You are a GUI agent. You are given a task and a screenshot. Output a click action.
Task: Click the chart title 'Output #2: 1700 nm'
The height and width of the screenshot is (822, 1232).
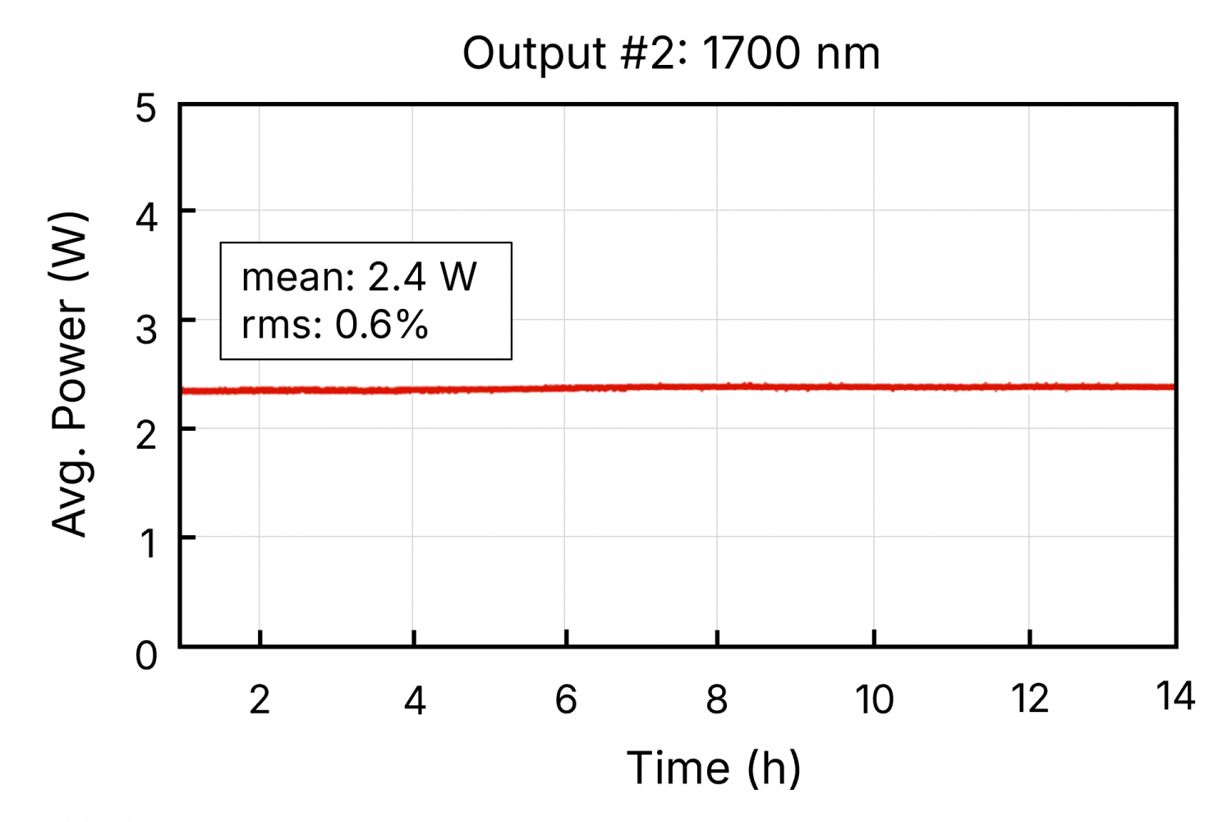coord(671,54)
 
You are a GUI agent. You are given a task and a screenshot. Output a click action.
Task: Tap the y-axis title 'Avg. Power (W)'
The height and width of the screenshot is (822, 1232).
coord(69,374)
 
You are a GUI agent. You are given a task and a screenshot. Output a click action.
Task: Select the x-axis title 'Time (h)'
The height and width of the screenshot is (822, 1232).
coord(713,769)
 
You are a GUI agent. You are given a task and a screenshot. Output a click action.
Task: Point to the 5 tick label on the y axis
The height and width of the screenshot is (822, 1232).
coord(146,108)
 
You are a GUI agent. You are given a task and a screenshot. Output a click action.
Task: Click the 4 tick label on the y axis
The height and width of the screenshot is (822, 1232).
coord(146,218)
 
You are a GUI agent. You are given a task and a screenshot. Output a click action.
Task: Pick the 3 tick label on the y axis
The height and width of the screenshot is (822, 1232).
coord(146,329)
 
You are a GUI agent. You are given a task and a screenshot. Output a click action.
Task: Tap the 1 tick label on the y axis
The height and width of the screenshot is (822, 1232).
coord(148,543)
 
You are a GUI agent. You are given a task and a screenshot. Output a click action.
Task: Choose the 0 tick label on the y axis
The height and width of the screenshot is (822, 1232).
coord(146,656)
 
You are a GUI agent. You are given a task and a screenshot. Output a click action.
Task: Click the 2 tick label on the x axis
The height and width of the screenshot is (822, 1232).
coord(260,700)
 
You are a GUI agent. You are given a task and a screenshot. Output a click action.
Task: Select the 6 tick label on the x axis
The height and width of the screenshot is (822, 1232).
coord(566,700)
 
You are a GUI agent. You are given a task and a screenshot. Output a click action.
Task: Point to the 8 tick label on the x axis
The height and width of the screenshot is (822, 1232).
coord(717,700)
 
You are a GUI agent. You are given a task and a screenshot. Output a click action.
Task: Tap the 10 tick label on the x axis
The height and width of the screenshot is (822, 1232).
coord(874,700)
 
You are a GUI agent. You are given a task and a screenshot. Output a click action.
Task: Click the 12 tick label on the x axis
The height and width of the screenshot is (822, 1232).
coord(1030,700)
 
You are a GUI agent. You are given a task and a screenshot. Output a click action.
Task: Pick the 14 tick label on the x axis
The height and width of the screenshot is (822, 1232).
coord(1175,697)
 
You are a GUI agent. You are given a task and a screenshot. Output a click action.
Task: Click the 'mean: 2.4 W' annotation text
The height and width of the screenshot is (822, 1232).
coord(359,277)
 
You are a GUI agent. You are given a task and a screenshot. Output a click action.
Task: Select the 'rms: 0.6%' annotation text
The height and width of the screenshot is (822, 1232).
coord(335,325)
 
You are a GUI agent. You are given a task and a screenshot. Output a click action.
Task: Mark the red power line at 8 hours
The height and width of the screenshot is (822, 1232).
coord(717,386)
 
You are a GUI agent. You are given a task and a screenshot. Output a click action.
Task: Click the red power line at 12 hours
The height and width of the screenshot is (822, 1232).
coord(1030,386)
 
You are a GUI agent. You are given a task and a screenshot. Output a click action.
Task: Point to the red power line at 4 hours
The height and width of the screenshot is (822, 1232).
coord(413,390)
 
